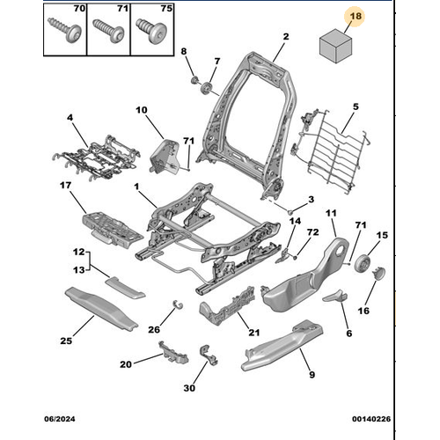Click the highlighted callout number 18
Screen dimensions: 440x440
pyautogui.click(x=356, y=16)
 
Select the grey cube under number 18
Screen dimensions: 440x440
pyautogui.click(x=335, y=46)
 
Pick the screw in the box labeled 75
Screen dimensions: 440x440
pyautogui.click(x=151, y=31)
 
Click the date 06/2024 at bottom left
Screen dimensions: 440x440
pyautogui.click(x=60, y=419)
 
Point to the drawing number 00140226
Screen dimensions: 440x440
pyautogui.click(x=371, y=419)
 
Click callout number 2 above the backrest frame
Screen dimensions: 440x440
pyautogui.click(x=286, y=36)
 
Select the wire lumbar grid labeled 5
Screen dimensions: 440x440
pyautogui.click(x=332, y=150)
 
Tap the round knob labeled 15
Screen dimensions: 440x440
pyautogui.click(x=363, y=263)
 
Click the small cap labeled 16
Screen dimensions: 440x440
pyautogui.click(x=379, y=274)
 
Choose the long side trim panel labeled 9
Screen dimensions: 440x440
pyautogui.click(x=282, y=345)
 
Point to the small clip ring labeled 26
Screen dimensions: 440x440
pyautogui.click(x=178, y=304)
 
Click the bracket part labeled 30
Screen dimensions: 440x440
pyautogui.click(x=208, y=356)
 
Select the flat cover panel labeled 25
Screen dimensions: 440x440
pyautogui.click(x=101, y=309)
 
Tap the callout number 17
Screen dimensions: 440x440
pyautogui.click(x=65, y=186)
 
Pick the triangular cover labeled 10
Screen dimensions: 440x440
pyautogui.click(x=164, y=157)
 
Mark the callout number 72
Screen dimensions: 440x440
pyautogui.click(x=312, y=232)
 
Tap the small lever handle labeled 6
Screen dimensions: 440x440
pyautogui.click(x=335, y=296)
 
